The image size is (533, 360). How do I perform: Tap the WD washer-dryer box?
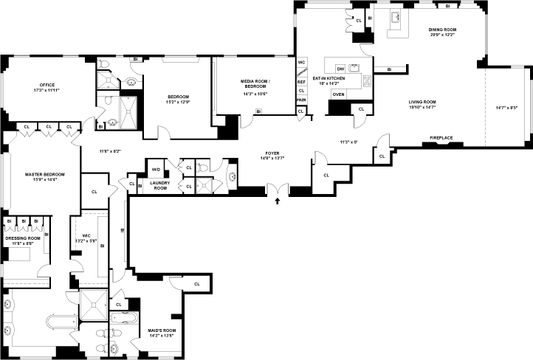156,169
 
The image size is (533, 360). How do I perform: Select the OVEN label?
338,94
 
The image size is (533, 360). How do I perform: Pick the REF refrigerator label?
301,82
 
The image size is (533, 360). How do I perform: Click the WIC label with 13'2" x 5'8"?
86,238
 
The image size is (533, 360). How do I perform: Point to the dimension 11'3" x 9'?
348,141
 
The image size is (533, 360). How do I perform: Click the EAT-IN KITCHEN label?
329,77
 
